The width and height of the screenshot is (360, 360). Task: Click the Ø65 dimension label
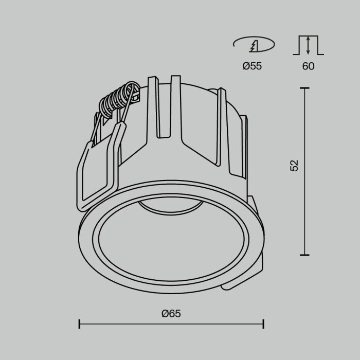tap(171, 313)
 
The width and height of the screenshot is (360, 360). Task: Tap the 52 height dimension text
tap(294, 165)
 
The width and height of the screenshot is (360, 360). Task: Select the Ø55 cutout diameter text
tap(252, 66)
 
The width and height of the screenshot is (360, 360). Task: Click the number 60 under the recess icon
tap(308, 66)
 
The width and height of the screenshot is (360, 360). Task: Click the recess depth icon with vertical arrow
tap(308, 45)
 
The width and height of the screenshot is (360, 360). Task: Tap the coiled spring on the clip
tap(119, 99)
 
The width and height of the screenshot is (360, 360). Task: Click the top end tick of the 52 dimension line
tap(304, 88)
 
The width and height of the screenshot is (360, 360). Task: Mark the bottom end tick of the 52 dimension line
tap(304, 255)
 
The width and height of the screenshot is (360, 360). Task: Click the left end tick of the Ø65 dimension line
tap(79, 324)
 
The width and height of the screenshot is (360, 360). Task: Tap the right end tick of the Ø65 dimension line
tap(263, 324)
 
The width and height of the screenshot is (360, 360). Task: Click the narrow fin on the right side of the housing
tap(222, 129)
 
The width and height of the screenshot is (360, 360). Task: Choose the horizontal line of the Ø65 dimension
tap(171, 324)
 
